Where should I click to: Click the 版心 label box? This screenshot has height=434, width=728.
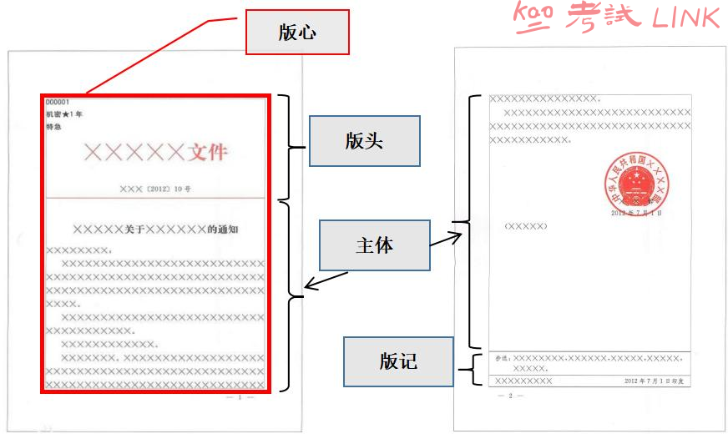point(296,33)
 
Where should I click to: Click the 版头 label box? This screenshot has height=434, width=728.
point(363,141)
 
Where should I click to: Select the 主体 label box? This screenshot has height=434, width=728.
point(375,245)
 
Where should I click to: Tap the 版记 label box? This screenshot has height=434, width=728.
point(398,361)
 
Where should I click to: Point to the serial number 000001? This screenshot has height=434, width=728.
point(58,103)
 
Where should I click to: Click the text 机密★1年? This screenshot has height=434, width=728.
point(64,114)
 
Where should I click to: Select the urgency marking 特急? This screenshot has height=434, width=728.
point(53,127)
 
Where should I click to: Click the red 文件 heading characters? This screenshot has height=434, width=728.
point(208,153)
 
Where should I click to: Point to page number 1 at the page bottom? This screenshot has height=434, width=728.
point(240,397)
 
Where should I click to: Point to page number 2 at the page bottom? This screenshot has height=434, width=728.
point(509,395)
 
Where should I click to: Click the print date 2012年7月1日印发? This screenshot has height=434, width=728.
point(654,381)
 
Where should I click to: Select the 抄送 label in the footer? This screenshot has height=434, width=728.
point(502,358)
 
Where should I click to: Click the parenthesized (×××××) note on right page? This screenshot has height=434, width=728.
point(526,226)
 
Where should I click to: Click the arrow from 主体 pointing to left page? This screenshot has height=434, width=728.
point(326,280)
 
